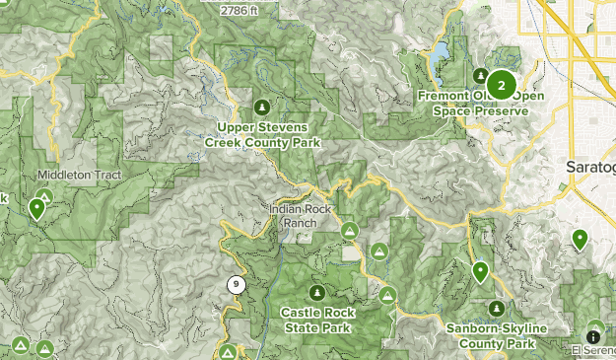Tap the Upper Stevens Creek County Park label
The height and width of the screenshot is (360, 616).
[262, 135]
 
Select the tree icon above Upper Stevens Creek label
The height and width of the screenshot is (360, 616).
[261, 107]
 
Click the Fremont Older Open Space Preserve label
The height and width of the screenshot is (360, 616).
[481, 104]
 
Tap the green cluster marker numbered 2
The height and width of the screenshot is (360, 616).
[502, 86]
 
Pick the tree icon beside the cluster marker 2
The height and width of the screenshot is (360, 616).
[479, 76]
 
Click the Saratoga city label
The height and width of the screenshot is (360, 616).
[591, 167]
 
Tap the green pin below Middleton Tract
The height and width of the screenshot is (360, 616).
[37, 208]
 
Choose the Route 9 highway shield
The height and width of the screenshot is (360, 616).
[236, 286]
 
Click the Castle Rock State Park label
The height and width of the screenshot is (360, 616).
[316, 320]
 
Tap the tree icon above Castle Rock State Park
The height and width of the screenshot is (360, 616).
[316, 293]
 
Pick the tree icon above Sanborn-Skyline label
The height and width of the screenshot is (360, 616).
[497, 309]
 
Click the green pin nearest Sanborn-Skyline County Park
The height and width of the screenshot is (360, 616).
[481, 271]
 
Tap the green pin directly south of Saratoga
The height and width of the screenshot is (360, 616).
[580, 239]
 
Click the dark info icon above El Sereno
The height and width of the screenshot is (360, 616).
[595, 329]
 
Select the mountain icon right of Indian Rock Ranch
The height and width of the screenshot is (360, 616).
[349, 230]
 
